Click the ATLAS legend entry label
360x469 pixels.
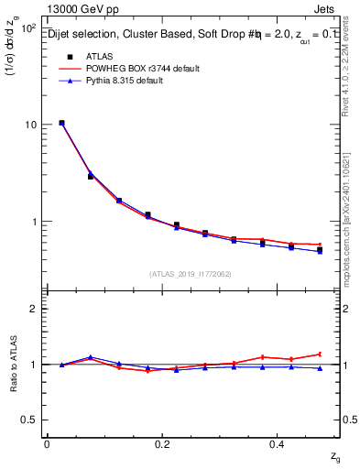coord(97,56)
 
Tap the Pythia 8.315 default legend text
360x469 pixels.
coord(126,82)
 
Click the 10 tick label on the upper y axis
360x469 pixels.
coord(29,125)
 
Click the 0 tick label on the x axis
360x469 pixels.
coord(47,444)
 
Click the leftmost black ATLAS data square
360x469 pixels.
coord(61,123)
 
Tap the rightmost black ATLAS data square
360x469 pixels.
coord(320,250)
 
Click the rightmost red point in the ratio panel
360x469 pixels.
coord(320,354)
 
